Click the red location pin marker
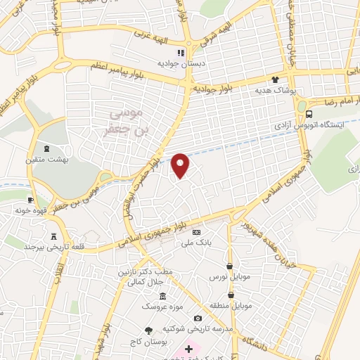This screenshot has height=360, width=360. [181, 165]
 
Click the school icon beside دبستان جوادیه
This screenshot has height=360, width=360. [181, 52]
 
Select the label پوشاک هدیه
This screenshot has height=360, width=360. [289, 91]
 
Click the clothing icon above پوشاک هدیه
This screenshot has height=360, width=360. [275, 80]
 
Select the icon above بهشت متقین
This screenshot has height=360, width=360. [46, 148]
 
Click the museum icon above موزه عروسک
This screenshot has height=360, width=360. [163, 296]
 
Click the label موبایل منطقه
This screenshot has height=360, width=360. [230, 306]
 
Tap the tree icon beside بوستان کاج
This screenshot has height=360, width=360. [148, 330]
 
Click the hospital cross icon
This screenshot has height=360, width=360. [189, 349]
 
